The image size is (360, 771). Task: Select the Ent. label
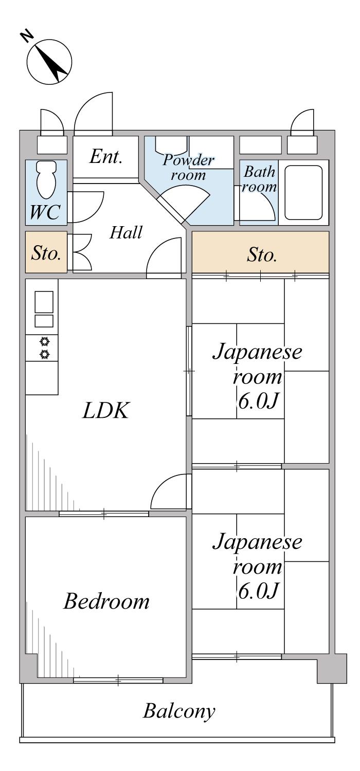(x=105, y=157)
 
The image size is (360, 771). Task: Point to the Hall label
(x=125, y=233)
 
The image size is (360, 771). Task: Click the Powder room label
(x=188, y=167)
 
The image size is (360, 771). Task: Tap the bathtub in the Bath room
(x=303, y=193)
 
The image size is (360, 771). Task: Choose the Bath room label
(x=259, y=179)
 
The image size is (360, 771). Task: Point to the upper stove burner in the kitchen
(x=45, y=341)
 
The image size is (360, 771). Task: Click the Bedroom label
(x=106, y=601)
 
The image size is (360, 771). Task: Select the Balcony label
(x=179, y=712)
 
